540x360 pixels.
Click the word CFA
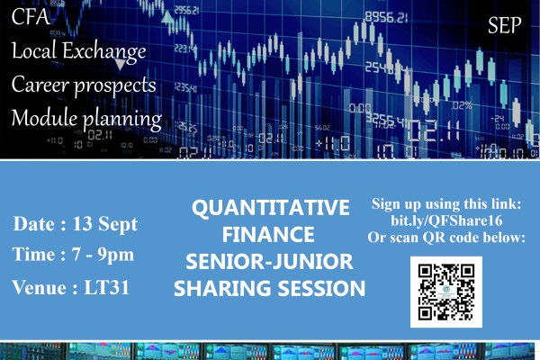click(x=31, y=16)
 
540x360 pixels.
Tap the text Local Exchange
click(x=79, y=51)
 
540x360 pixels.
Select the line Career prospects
click(x=84, y=85)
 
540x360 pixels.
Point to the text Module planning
click(x=86, y=119)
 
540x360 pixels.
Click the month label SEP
click(x=505, y=25)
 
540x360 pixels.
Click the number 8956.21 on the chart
click(x=386, y=17)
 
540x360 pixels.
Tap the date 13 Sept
click(x=105, y=224)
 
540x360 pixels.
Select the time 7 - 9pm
click(x=103, y=256)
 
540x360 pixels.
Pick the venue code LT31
click(x=107, y=287)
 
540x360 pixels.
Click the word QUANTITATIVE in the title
click(x=271, y=208)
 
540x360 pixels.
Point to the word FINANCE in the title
click(x=268, y=235)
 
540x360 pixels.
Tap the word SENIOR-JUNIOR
click(x=269, y=262)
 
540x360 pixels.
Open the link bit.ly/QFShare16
click(x=446, y=220)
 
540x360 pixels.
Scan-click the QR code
click(x=446, y=292)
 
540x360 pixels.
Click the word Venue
click(x=39, y=287)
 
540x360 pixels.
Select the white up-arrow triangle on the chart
click(x=167, y=17)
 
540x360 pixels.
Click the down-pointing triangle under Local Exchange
click(x=120, y=64)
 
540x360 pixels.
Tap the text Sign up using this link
click(x=446, y=204)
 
